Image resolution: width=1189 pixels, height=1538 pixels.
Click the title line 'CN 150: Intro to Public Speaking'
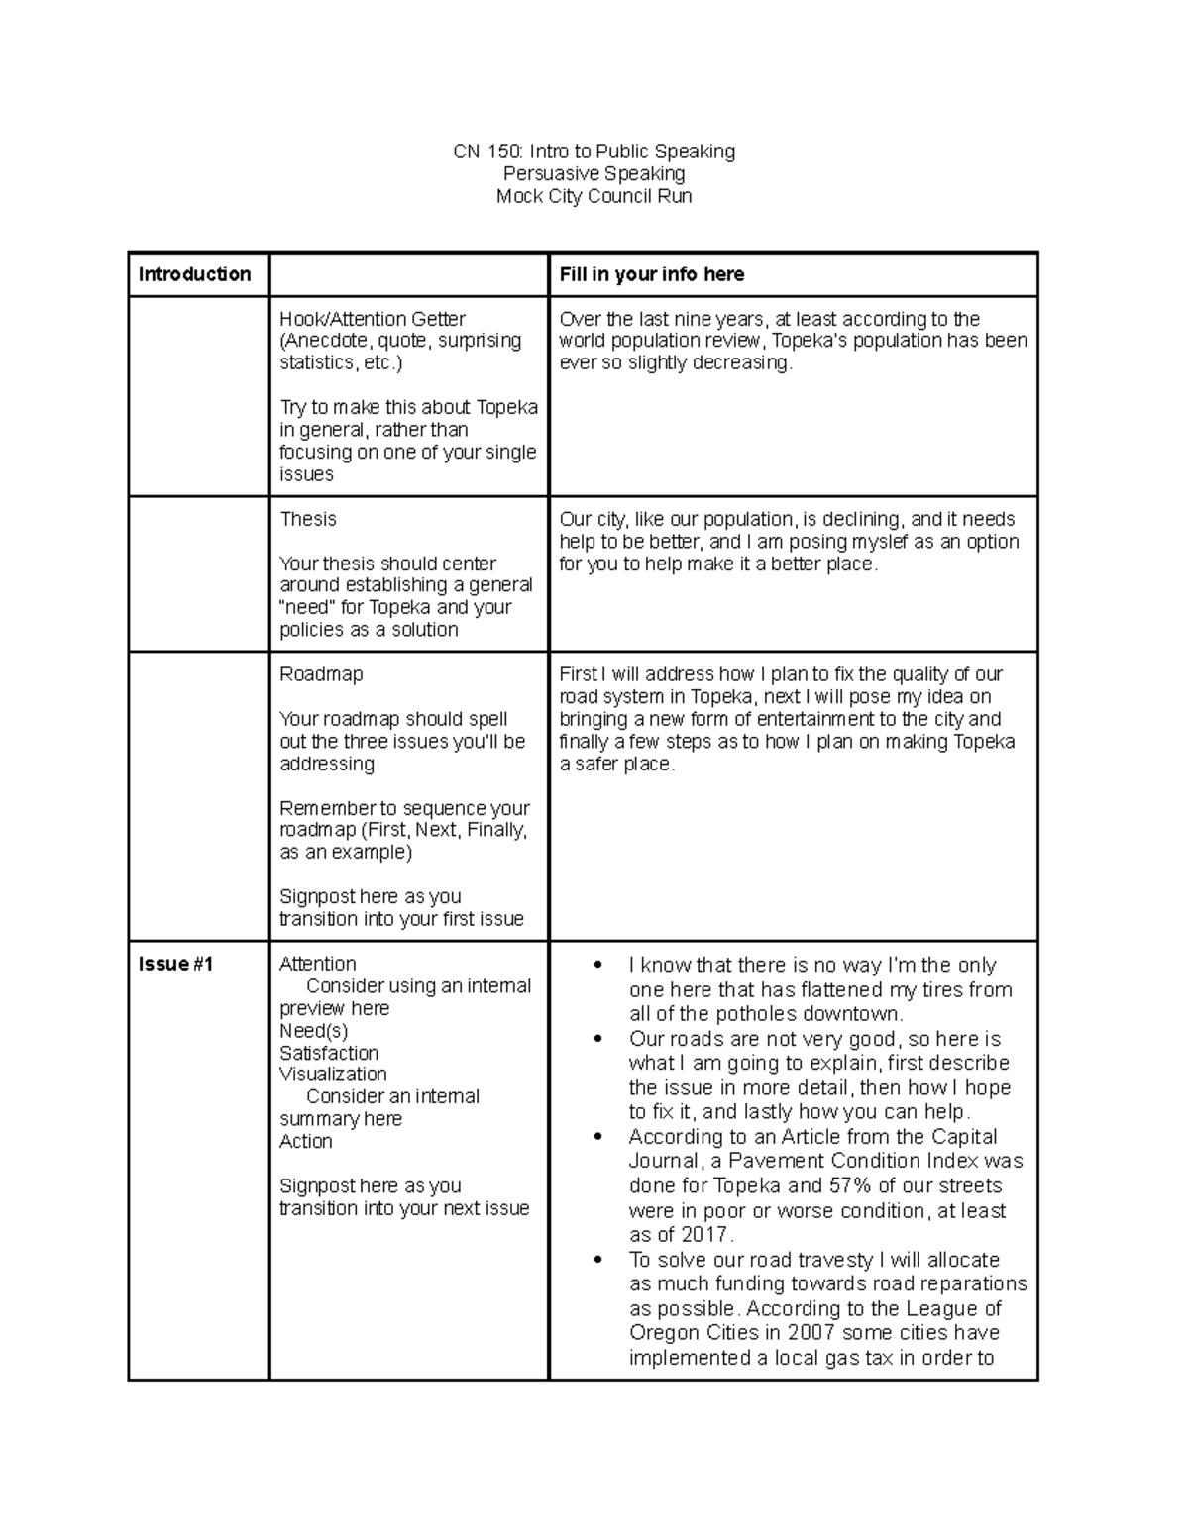(x=594, y=152)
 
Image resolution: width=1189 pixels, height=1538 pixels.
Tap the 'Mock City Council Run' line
(x=594, y=196)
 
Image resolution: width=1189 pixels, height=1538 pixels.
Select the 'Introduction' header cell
(x=194, y=274)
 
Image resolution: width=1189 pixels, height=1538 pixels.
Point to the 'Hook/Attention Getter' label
(x=372, y=319)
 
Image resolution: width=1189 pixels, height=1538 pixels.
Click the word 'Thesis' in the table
(x=307, y=519)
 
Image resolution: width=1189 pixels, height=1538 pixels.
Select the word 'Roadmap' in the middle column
(x=321, y=674)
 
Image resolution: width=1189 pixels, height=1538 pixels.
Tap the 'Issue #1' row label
(x=175, y=964)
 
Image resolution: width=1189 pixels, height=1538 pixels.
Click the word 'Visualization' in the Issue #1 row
(x=333, y=1075)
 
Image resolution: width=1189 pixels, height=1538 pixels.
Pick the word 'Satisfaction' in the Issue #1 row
(x=329, y=1053)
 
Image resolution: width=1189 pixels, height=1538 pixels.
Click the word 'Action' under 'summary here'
(x=305, y=1141)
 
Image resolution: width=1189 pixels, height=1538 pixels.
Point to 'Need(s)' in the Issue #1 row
(x=313, y=1031)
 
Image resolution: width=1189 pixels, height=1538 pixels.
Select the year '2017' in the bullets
(x=704, y=1235)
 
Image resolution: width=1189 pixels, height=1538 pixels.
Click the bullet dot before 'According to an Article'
(x=596, y=1138)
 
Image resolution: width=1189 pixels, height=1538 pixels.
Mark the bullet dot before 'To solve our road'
(x=596, y=1261)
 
